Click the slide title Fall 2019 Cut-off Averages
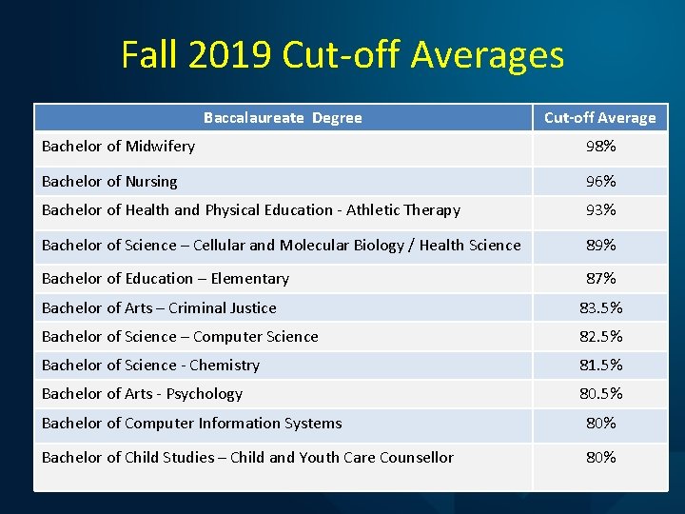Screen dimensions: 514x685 (x=342, y=55)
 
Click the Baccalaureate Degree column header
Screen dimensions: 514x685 (x=283, y=118)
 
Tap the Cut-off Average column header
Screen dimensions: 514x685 (x=599, y=118)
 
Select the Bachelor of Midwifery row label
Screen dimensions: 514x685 (x=118, y=147)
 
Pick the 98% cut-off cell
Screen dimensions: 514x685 (x=600, y=147)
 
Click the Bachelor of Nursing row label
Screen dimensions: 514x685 (x=109, y=181)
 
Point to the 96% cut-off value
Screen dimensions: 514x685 (x=600, y=181)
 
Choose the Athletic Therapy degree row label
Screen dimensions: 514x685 (x=251, y=210)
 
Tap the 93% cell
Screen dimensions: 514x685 (x=600, y=210)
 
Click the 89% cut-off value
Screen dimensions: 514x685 (x=600, y=246)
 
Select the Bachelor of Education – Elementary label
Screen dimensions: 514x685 (x=166, y=279)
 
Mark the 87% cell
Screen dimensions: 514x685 (x=600, y=279)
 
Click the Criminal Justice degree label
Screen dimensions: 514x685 (x=159, y=308)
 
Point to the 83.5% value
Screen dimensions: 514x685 (x=600, y=308)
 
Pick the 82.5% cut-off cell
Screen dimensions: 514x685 (x=600, y=337)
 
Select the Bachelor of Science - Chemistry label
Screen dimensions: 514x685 (x=150, y=366)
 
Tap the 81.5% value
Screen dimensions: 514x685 (x=600, y=366)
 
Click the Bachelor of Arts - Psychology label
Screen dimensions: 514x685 (x=142, y=394)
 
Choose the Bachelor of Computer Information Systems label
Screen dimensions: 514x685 (x=191, y=424)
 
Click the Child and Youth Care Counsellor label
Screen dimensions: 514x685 (x=247, y=458)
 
